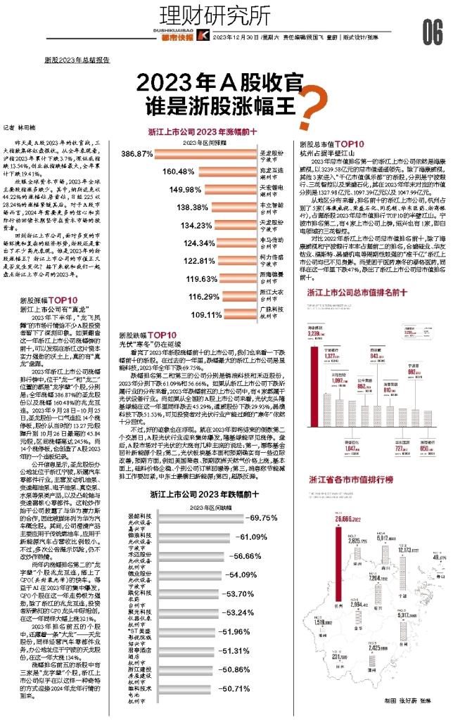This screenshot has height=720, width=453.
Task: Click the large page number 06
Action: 432,30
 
